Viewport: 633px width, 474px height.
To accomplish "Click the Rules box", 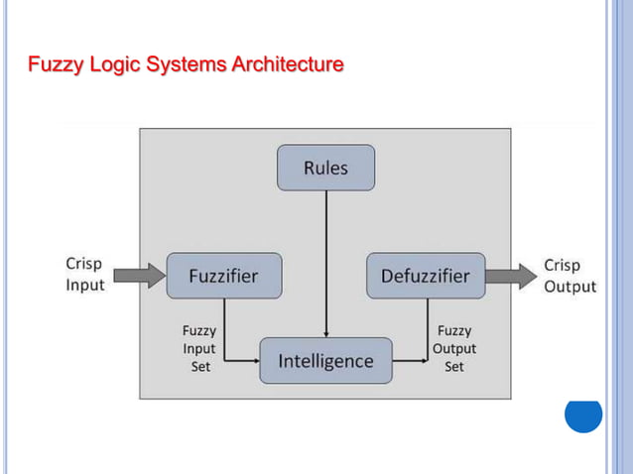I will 325,168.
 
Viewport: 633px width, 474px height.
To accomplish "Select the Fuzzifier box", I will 223,276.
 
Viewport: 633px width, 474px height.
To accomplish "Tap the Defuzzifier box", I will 426,276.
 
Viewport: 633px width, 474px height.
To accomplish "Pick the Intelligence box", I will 325,361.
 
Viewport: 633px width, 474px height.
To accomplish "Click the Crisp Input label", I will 84,275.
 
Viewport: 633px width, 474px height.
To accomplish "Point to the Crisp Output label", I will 570,276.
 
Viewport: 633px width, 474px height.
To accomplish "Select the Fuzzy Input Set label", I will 199,349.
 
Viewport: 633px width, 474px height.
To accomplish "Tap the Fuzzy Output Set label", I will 453,349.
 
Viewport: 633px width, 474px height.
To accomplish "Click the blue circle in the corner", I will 583,414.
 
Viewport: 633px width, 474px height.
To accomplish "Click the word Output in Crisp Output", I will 570,287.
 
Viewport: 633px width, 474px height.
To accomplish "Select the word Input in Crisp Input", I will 85,286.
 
